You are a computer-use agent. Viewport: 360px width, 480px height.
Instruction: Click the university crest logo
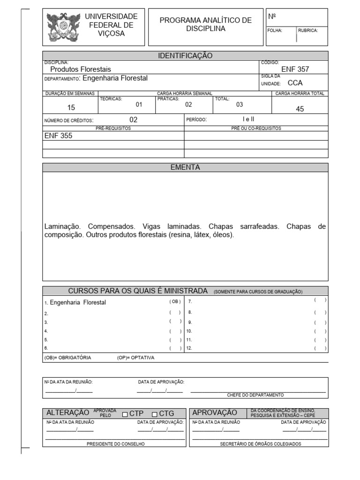63,27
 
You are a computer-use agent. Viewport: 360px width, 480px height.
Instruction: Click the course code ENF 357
295,69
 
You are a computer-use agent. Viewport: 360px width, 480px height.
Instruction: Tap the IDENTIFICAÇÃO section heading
185,56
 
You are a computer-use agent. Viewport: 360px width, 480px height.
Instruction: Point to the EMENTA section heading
185,167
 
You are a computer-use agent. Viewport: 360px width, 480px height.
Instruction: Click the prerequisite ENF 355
58,136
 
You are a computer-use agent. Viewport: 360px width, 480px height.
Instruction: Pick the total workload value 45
300,109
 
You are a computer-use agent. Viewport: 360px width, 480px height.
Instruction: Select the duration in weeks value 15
71,107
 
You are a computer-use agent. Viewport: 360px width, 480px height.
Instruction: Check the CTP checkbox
125,414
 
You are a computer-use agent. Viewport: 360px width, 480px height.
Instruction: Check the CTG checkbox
155,414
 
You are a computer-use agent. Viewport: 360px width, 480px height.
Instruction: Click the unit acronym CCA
295,83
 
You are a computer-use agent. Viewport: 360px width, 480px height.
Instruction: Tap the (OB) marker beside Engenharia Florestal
175,302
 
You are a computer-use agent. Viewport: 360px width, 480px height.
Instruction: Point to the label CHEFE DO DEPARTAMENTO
255,395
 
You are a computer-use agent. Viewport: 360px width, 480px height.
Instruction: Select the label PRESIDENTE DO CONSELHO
115,444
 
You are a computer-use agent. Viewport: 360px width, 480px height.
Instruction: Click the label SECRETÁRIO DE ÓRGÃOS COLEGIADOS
261,444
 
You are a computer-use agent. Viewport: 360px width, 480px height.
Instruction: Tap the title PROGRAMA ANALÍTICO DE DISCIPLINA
206,24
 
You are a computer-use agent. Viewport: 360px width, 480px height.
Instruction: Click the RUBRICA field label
308,30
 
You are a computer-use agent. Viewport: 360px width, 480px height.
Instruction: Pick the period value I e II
248,119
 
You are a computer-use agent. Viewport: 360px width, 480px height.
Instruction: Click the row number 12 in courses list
189,348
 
